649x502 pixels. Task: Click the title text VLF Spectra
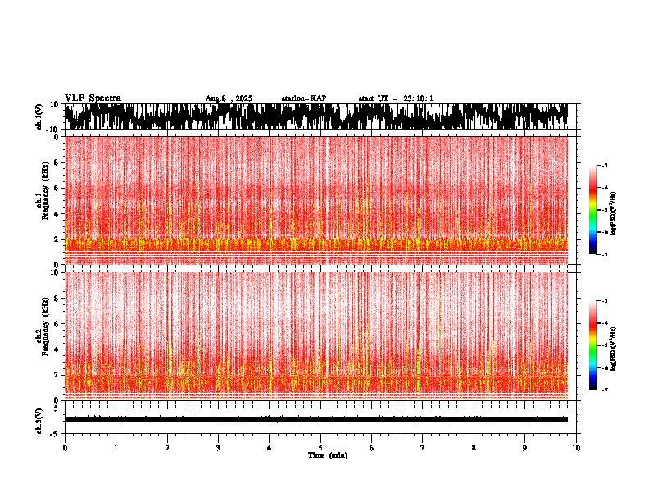pyautogui.click(x=93, y=98)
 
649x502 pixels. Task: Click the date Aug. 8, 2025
pyautogui.click(x=229, y=98)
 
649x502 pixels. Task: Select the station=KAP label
pyautogui.click(x=303, y=98)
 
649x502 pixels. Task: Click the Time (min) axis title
pyautogui.click(x=328, y=454)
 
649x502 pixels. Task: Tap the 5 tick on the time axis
pyautogui.click(x=320, y=448)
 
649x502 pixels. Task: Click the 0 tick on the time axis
pyautogui.click(x=65, y=448)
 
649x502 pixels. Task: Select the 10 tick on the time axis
pyautogui.click(x=576, y=448)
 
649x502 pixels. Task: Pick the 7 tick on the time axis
pyautogui.click(x=423, y=448)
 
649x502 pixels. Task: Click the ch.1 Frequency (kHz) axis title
pyautogui.click(x=43, y=201)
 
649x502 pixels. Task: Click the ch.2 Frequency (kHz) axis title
pyautogui.click(x=43, y=335)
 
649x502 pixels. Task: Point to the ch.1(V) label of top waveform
pyautogui.click(x=39, y=116)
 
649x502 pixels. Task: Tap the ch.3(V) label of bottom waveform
pyautogui.click(x=39, y=418)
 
